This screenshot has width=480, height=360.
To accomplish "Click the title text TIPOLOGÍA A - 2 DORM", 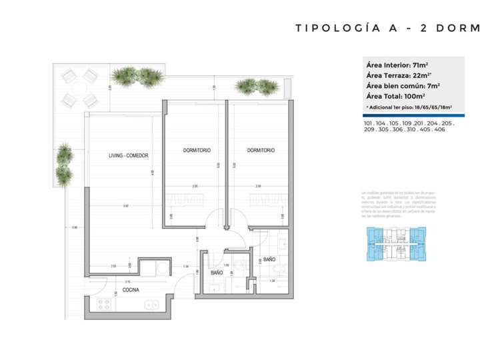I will (387, 28).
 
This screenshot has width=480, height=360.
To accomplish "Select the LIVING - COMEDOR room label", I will (129, 155).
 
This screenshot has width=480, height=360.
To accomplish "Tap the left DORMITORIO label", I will (197, 150).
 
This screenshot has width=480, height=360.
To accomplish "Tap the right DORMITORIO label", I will (261, 150).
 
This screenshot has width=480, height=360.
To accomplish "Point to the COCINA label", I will (131, 289).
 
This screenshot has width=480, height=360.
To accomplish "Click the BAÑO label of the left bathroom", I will (217, 273).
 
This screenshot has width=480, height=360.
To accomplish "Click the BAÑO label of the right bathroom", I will (269, 259).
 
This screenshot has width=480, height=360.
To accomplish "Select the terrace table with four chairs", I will (79, 87).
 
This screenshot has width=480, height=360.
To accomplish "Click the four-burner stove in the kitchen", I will (105, 304).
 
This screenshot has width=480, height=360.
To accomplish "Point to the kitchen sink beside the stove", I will (151, 304).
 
